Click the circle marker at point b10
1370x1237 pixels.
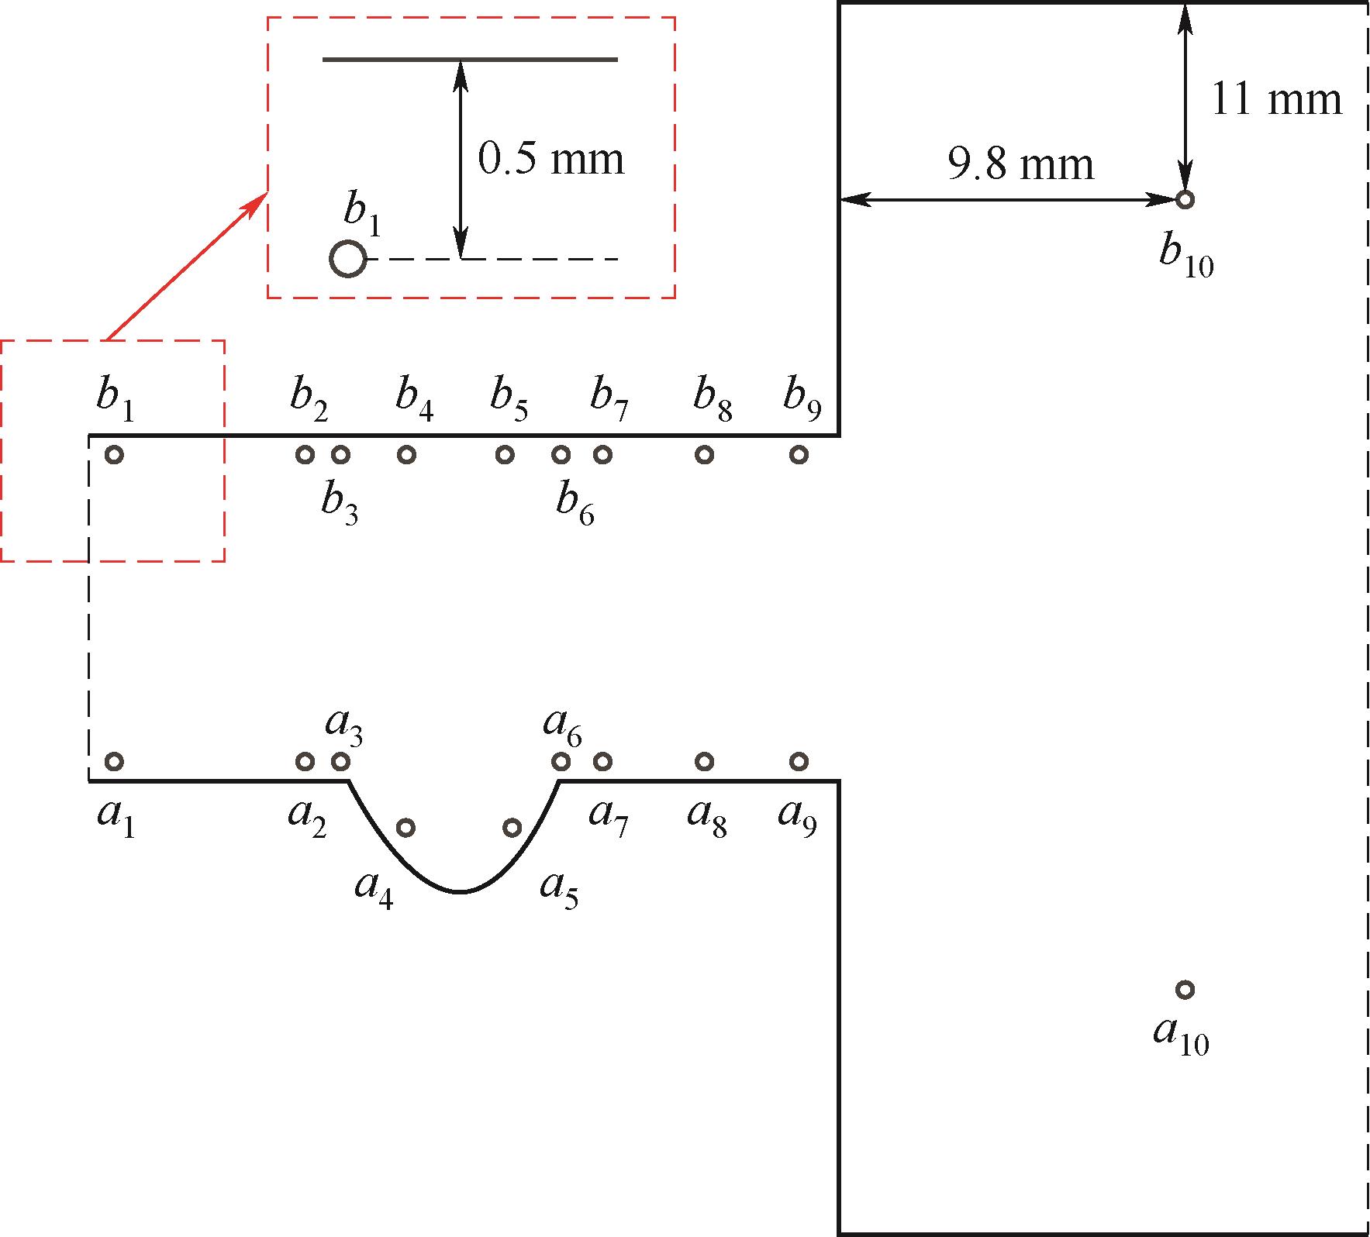pos(1184,200)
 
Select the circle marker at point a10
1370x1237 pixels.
pos(1185,990)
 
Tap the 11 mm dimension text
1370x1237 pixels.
pos(1276,100)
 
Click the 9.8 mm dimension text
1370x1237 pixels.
pos(1021,164)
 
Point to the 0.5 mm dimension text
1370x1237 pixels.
pos(550,159)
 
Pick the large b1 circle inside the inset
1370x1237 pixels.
pos(348,259)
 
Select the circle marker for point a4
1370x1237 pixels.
pos(405,828)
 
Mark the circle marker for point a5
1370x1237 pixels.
pos(512,828)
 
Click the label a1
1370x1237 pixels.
pos(116,818)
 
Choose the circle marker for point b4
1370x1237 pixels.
pos(406,455)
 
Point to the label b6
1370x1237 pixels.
pos(575,506)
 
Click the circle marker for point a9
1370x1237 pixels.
pos(799,761)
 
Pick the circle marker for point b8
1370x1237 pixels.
pos(704,455)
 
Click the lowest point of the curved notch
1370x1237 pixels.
pos(461,892)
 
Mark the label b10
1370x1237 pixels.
pos(1186,257)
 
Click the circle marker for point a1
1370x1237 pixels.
pos(114,761)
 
